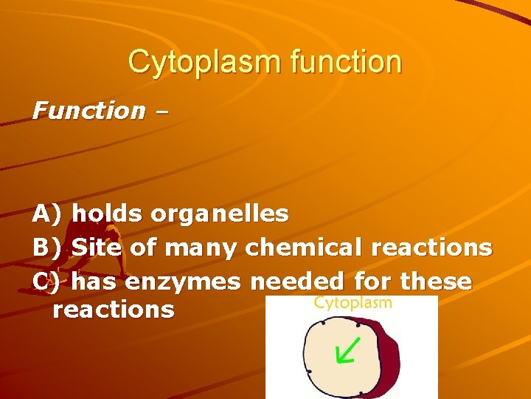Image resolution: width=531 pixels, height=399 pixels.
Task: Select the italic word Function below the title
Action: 88,111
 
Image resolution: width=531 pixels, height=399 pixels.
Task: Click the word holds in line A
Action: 109,214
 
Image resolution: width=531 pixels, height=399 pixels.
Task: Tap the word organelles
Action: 220,214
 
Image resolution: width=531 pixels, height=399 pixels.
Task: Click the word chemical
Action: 304,248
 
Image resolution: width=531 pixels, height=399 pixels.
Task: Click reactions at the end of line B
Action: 431,248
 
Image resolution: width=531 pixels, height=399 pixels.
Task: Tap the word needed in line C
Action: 298,282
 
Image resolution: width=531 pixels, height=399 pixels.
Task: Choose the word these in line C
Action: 434,282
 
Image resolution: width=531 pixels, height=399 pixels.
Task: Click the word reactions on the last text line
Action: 114,310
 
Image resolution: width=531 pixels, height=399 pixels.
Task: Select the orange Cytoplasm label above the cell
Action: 353,302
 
